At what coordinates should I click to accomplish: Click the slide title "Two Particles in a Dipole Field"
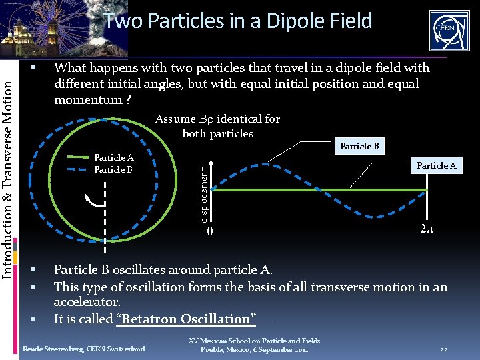pos(238,21)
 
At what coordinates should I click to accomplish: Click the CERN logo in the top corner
pos(448,29)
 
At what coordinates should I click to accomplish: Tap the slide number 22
pos(444,349)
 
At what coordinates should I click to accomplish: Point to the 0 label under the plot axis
pos(209,232)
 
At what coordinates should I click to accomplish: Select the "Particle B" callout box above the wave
pos(359,146)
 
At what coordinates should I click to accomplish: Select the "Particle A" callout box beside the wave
pos(436,165)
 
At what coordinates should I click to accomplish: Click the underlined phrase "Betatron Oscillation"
pos(186,319)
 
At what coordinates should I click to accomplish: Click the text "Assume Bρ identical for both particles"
pos(217,126)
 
